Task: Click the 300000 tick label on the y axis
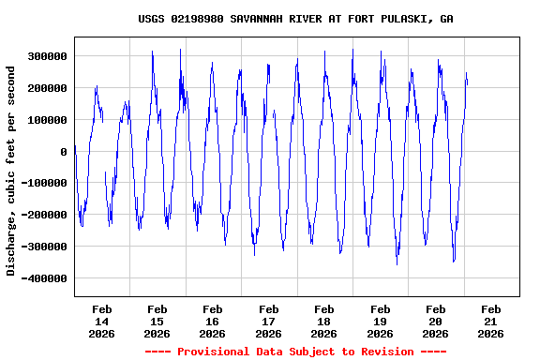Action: tap(47, 56)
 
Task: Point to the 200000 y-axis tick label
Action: tap(47, 88)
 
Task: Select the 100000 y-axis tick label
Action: tap(47, 120)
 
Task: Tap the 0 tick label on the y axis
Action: tap(64, 152)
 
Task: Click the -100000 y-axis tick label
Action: tap(44, 184)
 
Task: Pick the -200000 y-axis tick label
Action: tap(44, 216)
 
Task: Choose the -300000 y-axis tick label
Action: tap(44, 247)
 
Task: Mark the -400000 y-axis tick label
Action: tap(44, 279)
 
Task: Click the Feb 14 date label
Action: tap(101, 321)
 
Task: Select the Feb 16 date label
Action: tap(213, 321)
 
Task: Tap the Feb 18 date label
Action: tap(324, 321)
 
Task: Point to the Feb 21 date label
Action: tap(491, 321)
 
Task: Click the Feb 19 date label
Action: tap(380, 321)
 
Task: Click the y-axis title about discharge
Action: tap(11, 171)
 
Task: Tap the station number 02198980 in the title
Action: tap(197, 19)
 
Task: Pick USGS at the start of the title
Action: tap(151, 19)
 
